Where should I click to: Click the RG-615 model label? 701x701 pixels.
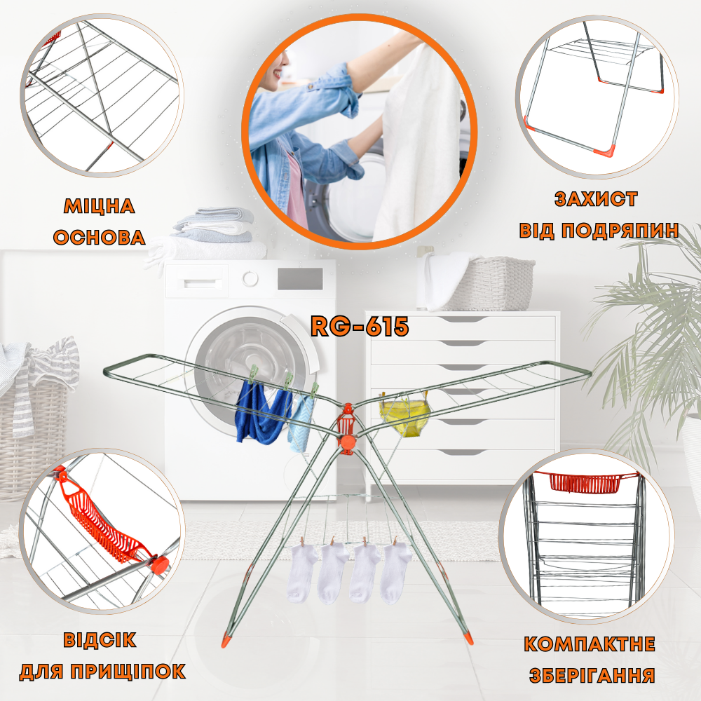click(360, 327)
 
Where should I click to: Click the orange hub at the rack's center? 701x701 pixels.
click(347, 441)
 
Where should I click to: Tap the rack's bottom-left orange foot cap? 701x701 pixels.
click(228, 639)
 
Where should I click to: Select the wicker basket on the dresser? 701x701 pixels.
click(487, 283)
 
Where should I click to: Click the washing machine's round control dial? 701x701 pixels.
click(250, 278)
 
